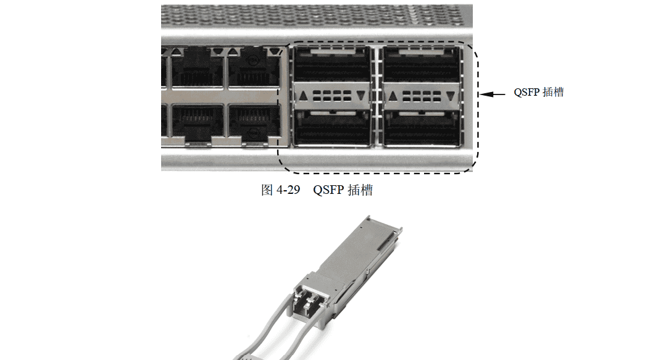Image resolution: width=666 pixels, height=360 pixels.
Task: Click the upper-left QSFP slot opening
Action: (332, 65)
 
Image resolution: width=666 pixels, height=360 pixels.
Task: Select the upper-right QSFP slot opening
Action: (420, 65)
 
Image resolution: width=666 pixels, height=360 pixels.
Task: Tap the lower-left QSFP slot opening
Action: (332, 128)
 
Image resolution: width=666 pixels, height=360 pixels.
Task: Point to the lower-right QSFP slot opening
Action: (420, 128)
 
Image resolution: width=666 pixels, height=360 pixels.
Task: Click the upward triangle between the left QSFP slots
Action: (303, 96)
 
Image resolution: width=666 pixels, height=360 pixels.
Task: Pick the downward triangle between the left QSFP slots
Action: (361, 96)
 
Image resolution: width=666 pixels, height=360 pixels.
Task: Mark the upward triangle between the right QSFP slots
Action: (391, 96)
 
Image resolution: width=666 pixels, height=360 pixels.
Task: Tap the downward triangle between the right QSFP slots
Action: (450, 96)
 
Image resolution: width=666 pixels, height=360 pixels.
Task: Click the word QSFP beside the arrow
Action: (525, 93)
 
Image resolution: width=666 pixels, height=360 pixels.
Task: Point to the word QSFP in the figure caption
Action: (327, 191)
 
